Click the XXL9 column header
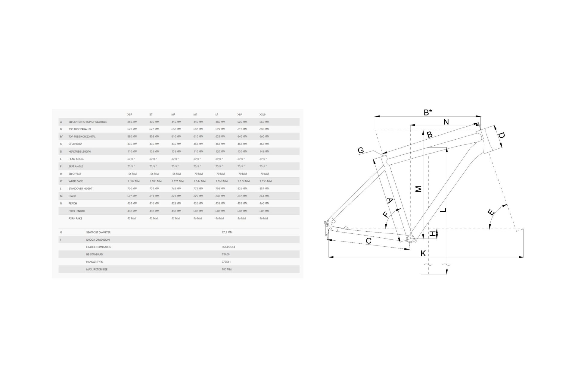coord(263,115)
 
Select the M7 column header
coord(173,115)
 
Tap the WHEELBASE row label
coord(76,181)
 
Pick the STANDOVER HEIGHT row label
coord(80,188)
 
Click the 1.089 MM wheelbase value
coord(133,181)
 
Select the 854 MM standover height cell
coord(264,188)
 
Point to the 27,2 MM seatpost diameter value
coord(227,233)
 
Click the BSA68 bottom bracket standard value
coord(225,255)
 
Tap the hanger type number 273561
coord(226,262)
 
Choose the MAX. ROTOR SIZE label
coord(97,269)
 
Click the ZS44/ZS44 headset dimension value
coord(228,247)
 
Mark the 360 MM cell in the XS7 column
coord(132,122)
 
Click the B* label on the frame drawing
coord(428,112)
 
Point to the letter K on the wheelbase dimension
coord(423,253)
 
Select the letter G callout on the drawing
coord(361,150)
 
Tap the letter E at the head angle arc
coord(491,212)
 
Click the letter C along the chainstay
coord(368,241)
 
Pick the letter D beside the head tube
coord(501,135)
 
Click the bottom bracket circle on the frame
coord(410,239)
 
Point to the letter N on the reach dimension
coord(446,122)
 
